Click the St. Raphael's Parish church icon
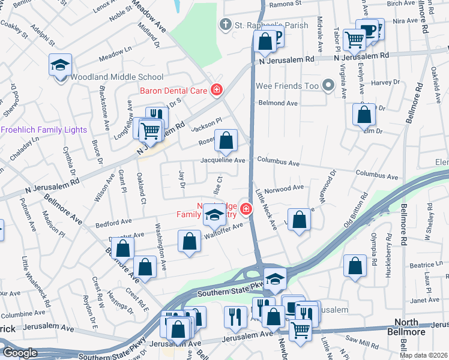click(225, 25)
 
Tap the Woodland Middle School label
click(117, 77)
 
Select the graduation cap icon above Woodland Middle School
click(59, 64)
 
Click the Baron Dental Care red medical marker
click(216, 91)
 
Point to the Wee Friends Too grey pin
click(328, 86)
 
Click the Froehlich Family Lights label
click(44, 130)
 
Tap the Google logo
click(20, 353)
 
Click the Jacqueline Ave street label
click(223, 161)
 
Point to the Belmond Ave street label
click(278, 103)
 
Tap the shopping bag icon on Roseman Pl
click(226, 142)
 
